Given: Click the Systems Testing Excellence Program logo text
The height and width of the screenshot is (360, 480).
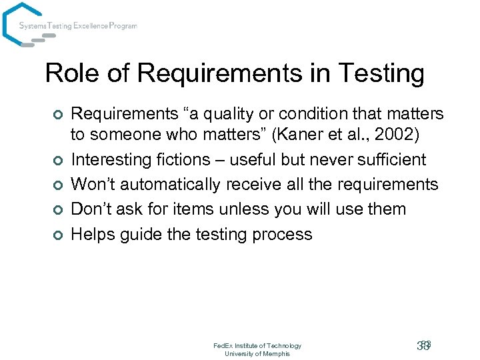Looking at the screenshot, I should coord(78,26).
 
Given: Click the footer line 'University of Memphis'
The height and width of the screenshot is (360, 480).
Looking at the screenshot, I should coord(257,353).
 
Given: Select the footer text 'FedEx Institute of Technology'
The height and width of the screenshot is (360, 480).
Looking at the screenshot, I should coord(257,345).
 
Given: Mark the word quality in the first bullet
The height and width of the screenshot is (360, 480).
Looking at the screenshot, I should coord(238,114).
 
